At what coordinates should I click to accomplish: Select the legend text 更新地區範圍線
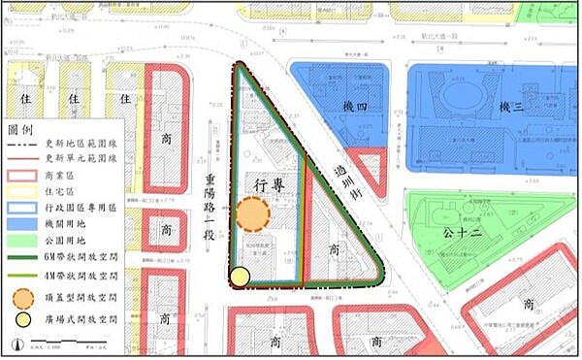tap(81, 143)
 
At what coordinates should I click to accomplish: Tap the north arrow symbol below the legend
tap(16, 344)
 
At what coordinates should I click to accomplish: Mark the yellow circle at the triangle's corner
tap(240, 278)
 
